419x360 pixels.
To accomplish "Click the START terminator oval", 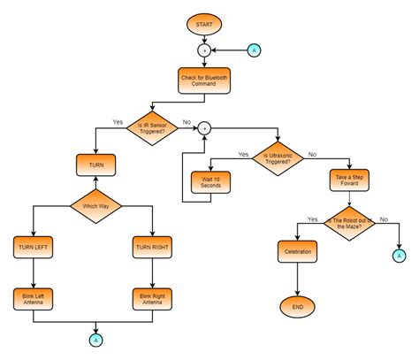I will pos(203,23).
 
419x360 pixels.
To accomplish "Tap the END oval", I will pos(297,307).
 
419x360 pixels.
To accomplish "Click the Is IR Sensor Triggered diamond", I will pos(153,128).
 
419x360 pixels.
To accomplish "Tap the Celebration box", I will pos(297,252).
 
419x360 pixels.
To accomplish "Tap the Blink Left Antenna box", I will pos(33,298).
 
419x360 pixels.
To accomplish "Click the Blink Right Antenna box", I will pos(152,298).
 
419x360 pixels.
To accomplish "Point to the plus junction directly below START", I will pos(203,50).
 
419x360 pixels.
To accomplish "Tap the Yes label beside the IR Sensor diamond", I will pos(118,121).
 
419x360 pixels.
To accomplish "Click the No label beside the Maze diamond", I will pos(383,218).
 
